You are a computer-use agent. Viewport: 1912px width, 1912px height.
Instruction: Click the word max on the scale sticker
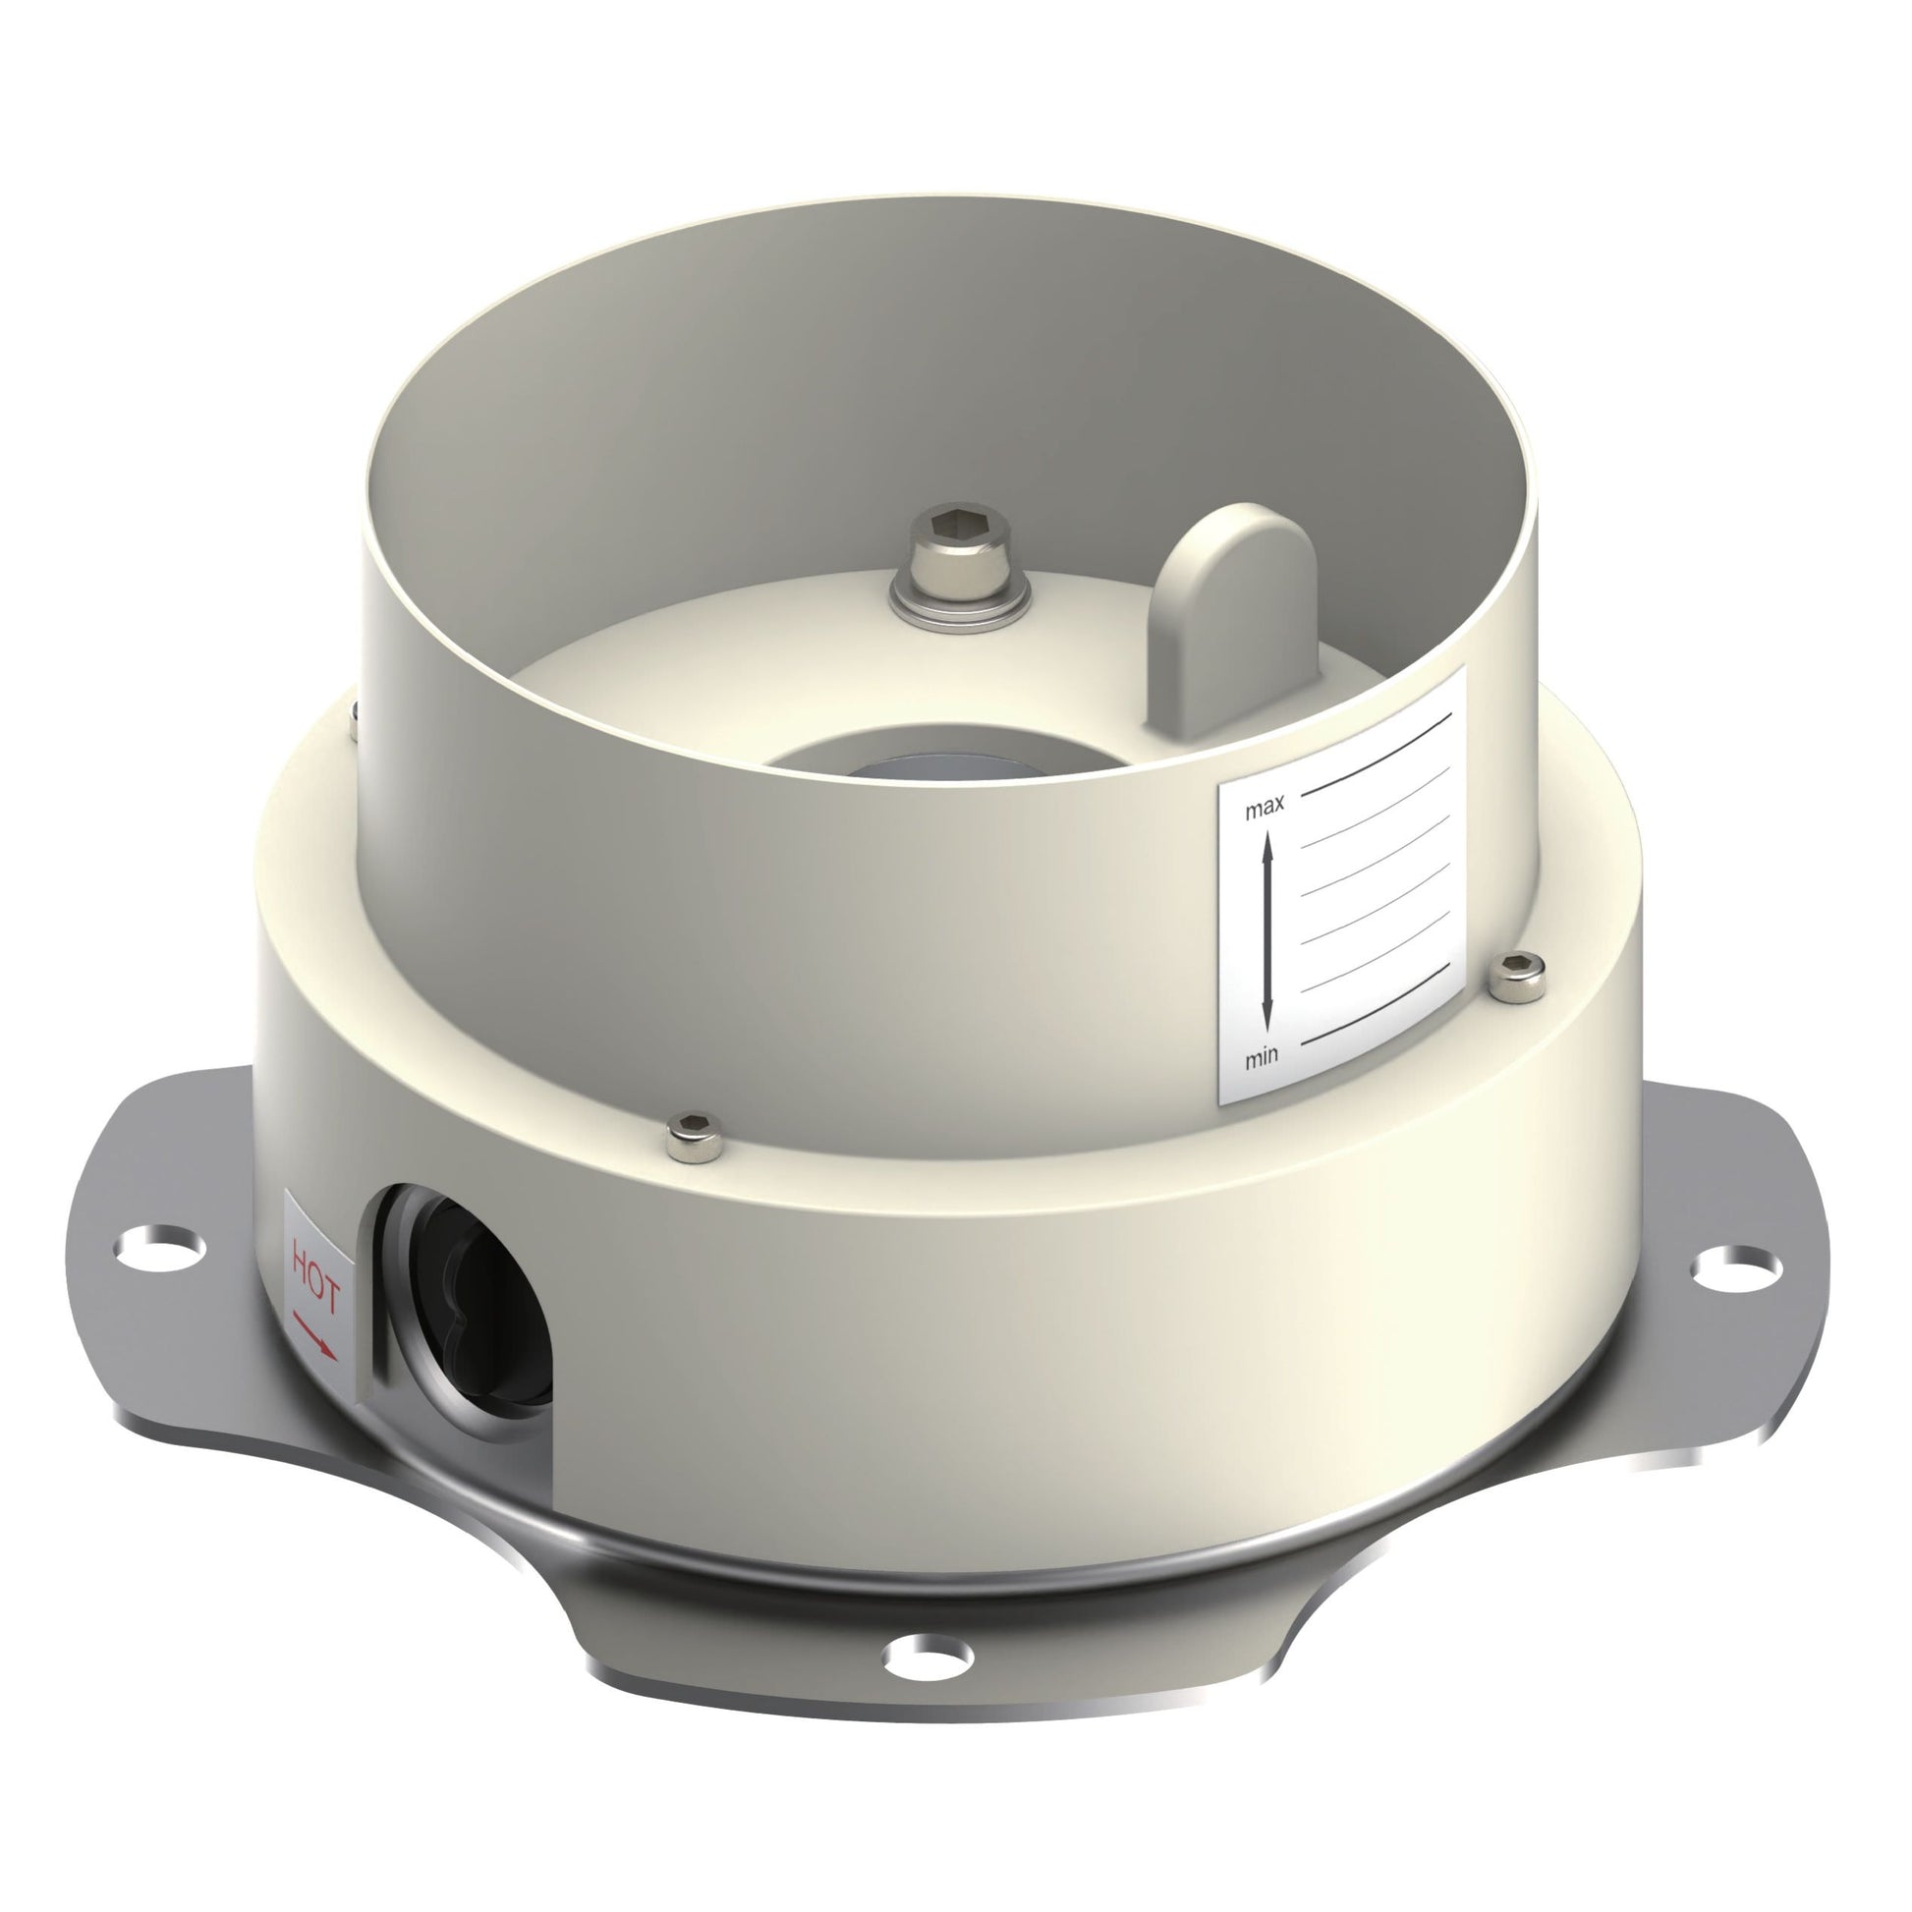point(1265,808)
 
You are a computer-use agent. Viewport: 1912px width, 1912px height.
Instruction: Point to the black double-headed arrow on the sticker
point(1267,931)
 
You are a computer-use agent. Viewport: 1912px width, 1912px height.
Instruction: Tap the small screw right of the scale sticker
point(1518,978)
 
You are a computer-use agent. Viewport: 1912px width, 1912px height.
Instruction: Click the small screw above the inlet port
point(694,1135)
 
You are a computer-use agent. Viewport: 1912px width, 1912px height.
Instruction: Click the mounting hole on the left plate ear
point(159,1245)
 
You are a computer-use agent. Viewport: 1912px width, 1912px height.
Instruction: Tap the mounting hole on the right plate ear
point(1737,1265)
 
